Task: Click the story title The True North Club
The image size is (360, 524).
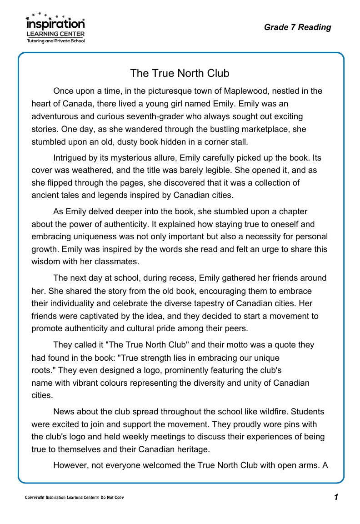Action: point(180,73)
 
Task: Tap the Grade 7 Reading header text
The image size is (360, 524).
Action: point(298,27)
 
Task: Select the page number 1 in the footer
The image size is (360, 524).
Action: point(336,497)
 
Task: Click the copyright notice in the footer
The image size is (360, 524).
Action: point(74,498)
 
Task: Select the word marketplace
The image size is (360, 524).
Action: point(265,129)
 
